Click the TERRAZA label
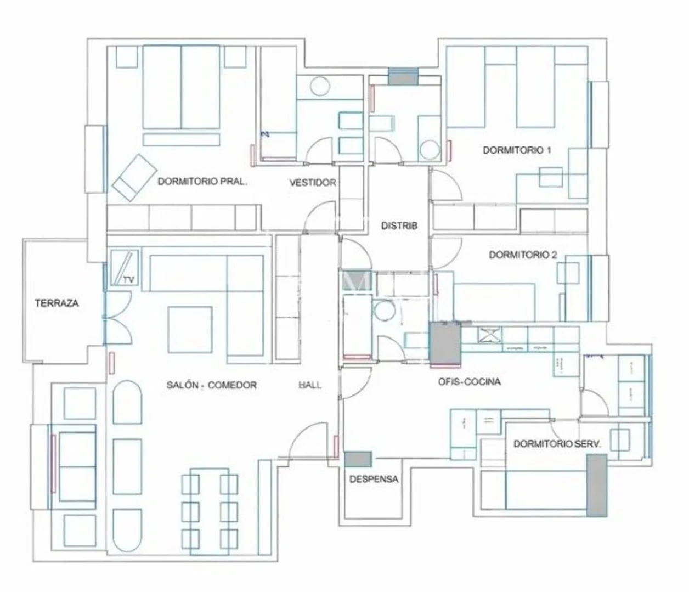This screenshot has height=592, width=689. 57,303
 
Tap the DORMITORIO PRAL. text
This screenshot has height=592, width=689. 202,182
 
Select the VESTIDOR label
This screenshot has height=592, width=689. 313,182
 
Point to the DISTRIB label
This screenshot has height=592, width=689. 399,225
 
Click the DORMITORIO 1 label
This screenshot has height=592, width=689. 517,150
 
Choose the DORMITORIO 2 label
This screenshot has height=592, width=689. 523,255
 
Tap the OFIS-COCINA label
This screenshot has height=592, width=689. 470,382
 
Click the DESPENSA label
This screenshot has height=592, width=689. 374,480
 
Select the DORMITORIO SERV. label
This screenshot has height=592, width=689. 557,444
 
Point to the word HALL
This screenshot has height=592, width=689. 310,385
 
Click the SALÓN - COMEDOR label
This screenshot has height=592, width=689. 212,385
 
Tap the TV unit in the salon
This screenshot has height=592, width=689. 125,268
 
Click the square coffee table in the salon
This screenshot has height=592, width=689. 190,330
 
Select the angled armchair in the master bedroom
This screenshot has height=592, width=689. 134,178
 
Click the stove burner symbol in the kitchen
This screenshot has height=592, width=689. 490,335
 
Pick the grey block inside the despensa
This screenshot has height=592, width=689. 358,459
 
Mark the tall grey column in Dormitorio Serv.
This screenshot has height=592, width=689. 597,486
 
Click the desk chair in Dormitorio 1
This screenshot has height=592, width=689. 551,177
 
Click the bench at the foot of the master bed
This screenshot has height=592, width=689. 182,140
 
